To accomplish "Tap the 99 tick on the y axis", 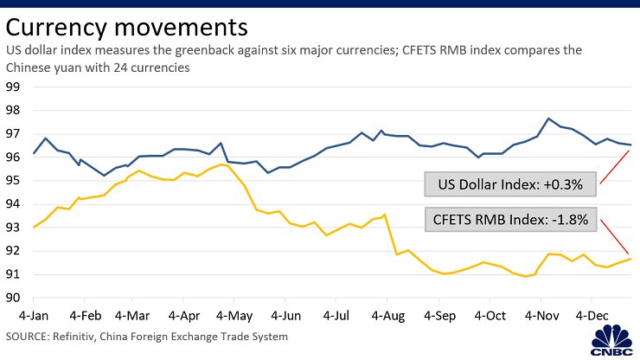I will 13,87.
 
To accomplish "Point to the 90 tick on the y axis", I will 13,298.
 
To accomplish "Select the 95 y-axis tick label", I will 13,181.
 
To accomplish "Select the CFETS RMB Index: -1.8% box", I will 509,219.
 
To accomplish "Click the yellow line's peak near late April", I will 222,164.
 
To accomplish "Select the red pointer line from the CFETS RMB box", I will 614,235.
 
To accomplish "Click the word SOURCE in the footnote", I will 29,336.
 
